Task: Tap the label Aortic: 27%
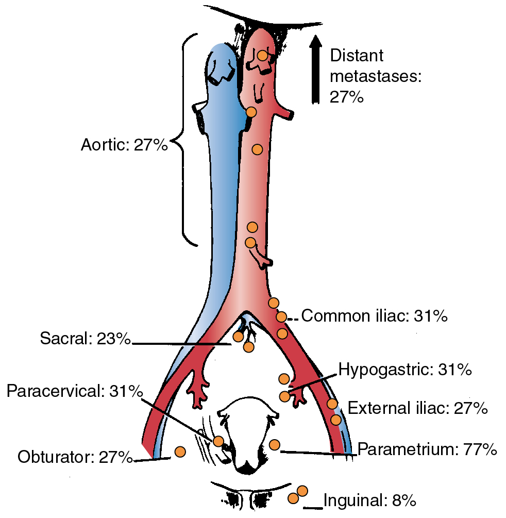[124, 145]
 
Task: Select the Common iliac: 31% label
[374, 316]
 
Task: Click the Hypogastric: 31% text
[404, 370]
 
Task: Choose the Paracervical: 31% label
[75, 392]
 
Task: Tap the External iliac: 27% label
[417, 409]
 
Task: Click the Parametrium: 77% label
[427, 449]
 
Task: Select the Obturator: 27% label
[75, 457]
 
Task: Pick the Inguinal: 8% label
[369, 500]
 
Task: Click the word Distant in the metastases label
[357, 56]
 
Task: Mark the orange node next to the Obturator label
[180, 452]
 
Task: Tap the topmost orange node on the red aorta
[263, 55]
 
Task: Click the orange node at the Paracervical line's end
[218, 441]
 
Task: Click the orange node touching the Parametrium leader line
[274, 444]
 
